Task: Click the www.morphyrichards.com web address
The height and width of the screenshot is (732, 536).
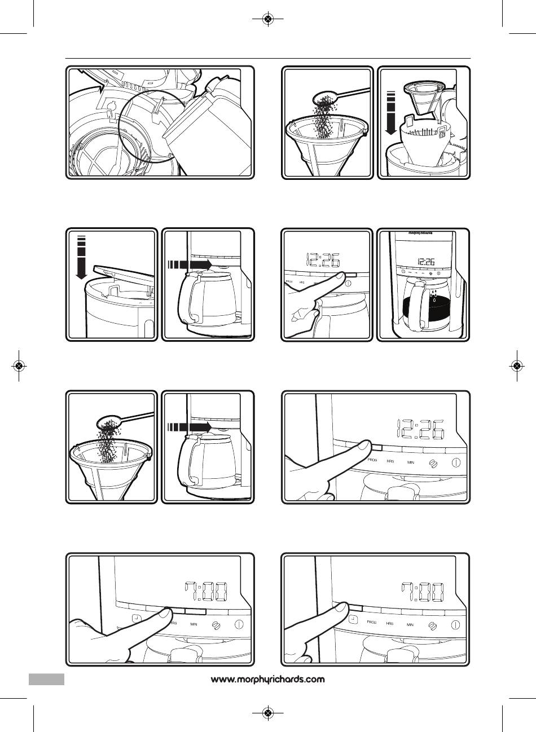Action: [268, 680]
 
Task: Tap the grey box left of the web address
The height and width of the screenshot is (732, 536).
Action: [47, 679]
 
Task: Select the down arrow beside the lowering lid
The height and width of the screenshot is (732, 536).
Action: [80, 258]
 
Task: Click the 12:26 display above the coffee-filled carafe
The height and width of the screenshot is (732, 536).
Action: [427, 262]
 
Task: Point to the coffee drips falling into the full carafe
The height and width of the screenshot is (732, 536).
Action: [433, 296]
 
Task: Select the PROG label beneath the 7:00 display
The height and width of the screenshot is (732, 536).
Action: [371, 623]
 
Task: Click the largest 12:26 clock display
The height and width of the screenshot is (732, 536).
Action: [420, 431]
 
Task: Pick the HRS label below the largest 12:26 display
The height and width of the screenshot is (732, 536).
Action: [390, 461]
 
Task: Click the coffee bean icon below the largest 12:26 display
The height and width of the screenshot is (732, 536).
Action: [433, 462]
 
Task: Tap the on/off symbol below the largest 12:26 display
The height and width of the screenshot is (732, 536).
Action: [456, 462]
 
